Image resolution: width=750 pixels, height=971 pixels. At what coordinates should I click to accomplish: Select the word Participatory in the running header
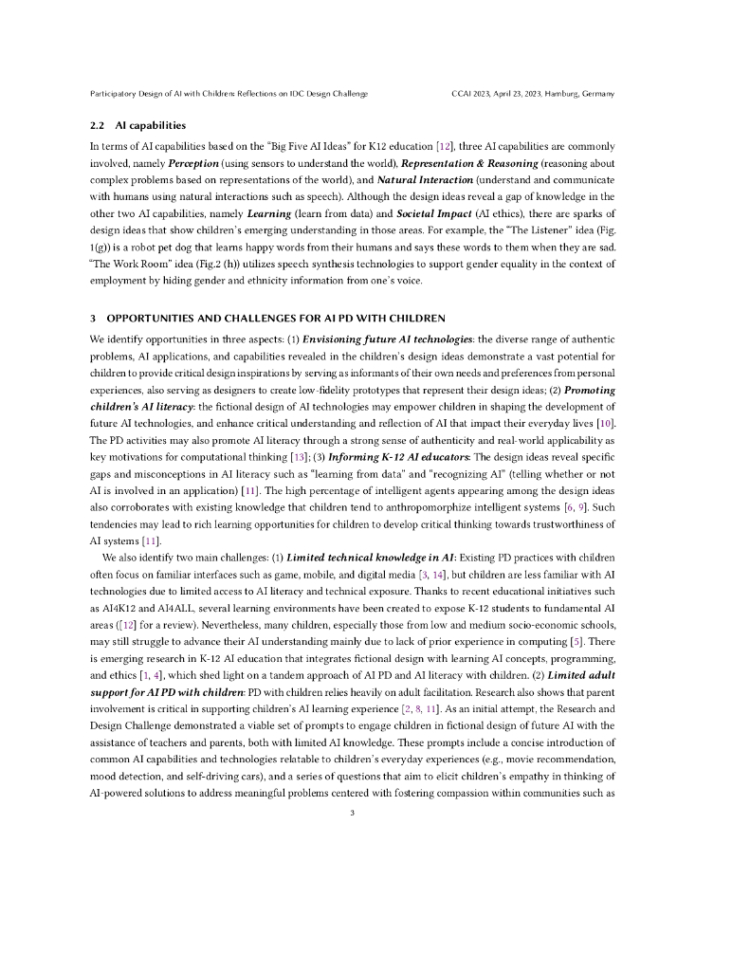[113, 94]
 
